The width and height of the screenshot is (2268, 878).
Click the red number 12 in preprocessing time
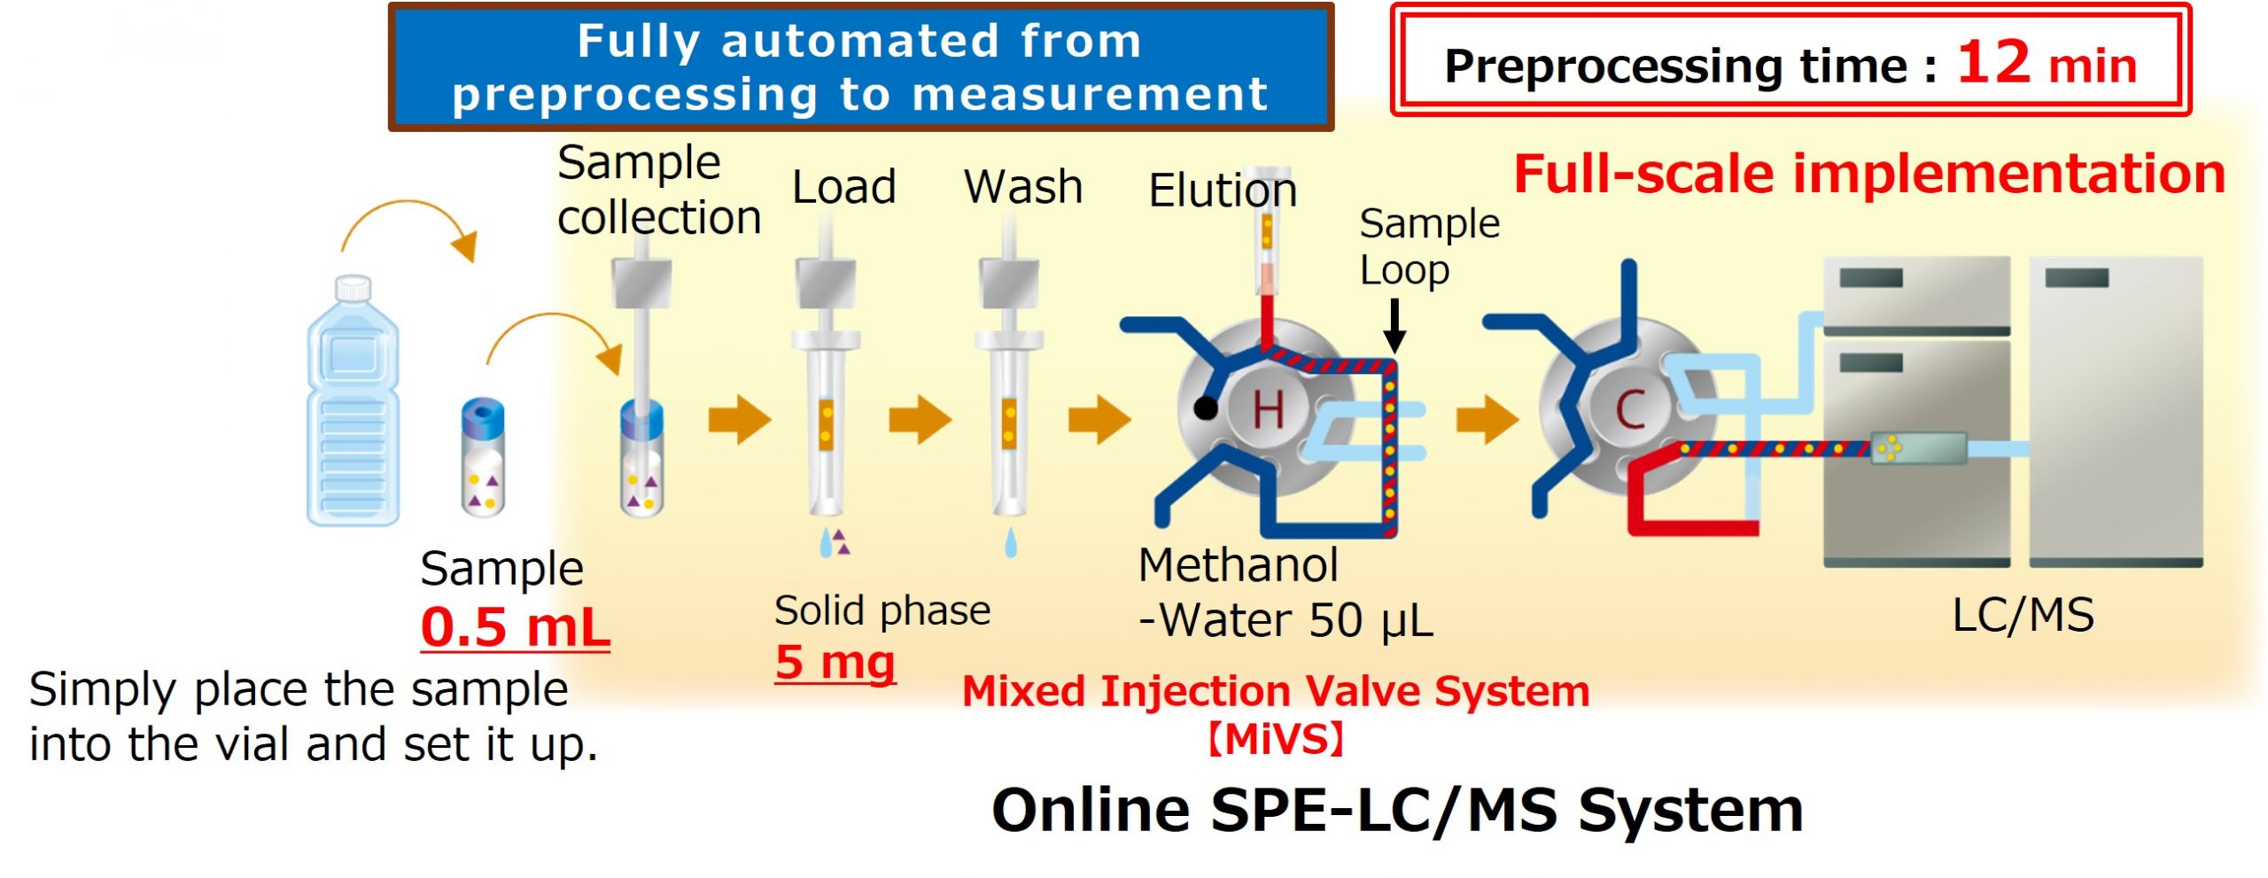[x=1992, y=63]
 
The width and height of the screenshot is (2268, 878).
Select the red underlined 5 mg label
[x=835, y=662]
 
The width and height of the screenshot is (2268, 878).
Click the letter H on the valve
[x=1268, y=410]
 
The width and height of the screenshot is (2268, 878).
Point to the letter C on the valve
[x=1630, y=410]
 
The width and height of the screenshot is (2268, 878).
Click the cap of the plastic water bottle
[x=353, y=287]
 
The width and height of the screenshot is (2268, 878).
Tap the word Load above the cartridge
[x=843, y=187]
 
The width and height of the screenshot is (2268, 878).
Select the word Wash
[x=1023, y=187]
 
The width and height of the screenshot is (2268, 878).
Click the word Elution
[x=1223, y=190]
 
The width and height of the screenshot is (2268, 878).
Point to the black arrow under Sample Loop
[x=1394, y=326]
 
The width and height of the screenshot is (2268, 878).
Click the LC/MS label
[x=2023, y=615]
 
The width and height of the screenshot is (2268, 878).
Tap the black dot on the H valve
[x=1205, y=408]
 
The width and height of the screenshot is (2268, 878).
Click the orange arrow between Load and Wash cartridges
[x=920, y=419]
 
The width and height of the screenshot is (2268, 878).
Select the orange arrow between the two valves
[x=1487, y=419]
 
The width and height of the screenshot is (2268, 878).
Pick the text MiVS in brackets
[x=1276, y=739]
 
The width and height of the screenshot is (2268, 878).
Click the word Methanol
[x=1238, y=565]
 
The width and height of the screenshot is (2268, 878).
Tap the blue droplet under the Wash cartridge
[x=1011, y=542]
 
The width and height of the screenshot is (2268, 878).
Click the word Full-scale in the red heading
[x=1644, y=174]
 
